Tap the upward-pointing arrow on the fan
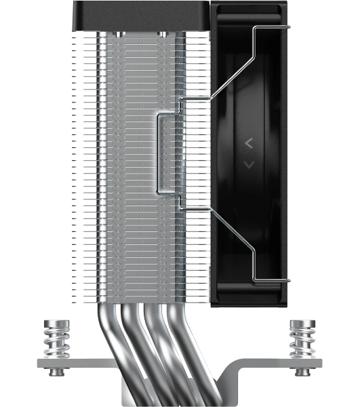click(x=249, y=142)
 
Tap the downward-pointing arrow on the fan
click(x=249, y=164)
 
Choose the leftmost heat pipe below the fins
click(x=108, y=339)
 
